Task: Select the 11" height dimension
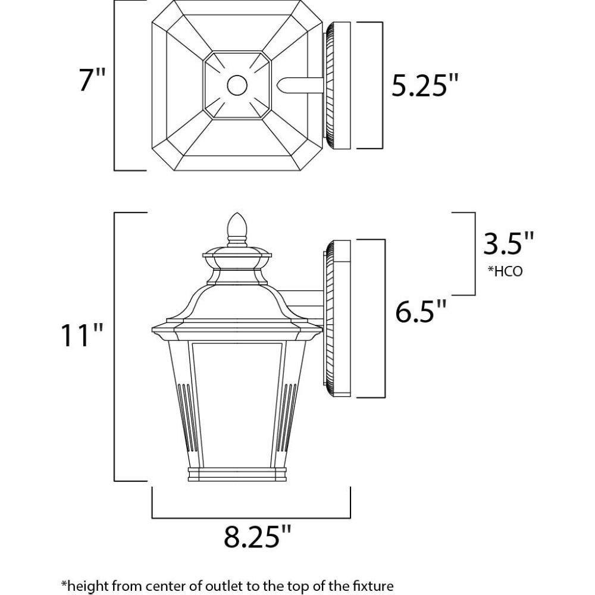tap(82, 334)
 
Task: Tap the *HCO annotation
tap(505, 271)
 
